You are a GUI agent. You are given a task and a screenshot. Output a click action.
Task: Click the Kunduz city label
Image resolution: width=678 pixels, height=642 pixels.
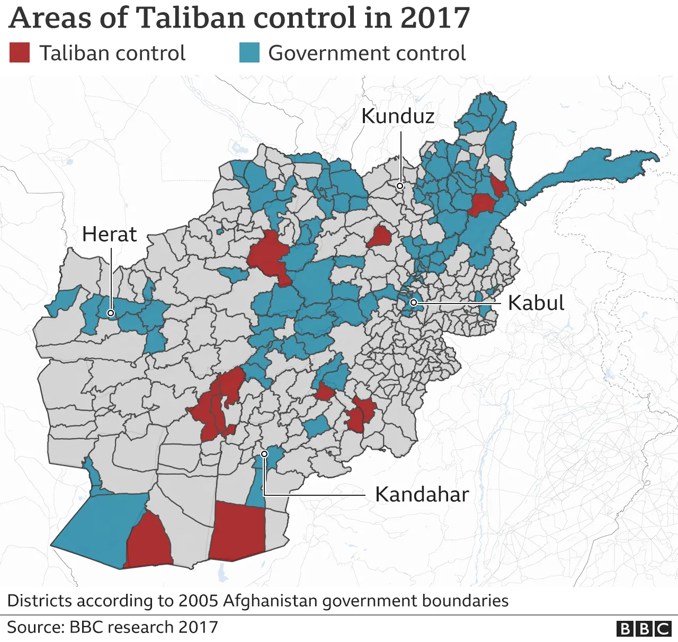398,116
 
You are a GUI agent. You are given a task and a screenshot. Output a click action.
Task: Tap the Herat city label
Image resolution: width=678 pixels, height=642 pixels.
109,234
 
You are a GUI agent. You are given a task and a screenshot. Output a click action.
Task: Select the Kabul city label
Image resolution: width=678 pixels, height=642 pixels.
536,303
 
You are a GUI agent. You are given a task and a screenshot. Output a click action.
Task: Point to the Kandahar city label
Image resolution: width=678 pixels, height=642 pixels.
422,494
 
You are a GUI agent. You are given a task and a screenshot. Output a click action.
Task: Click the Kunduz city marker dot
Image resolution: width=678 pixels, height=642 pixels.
400,186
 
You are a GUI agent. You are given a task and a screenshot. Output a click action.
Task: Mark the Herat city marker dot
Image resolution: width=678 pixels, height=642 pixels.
111,313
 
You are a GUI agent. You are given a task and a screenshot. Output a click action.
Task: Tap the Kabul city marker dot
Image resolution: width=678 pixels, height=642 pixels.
413,302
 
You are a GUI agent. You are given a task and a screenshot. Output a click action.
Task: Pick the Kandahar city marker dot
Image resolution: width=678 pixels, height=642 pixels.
264,454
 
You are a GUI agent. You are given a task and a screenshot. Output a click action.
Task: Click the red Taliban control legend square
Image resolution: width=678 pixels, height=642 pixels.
20,53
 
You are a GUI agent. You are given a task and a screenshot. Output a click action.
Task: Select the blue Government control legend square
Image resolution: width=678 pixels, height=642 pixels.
249,53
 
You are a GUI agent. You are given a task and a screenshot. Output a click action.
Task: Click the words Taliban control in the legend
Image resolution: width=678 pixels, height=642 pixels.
112,53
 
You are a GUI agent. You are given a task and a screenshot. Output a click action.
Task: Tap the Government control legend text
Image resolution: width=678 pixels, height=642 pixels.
367,53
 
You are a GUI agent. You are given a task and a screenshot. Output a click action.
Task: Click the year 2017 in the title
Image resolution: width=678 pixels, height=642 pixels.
435,17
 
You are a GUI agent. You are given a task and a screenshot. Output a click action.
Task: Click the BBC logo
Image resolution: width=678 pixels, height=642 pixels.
644,628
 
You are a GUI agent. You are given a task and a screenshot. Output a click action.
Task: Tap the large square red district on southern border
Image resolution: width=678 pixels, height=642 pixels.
238,531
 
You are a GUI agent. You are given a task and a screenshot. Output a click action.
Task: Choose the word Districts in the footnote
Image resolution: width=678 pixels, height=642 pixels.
39,601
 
